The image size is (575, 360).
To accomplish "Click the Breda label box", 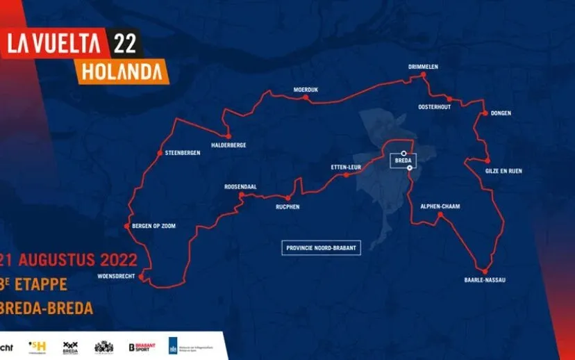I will coord(403,161).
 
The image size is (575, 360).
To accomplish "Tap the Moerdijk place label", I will coord(305,90).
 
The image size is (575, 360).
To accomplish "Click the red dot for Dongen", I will coord(484,113).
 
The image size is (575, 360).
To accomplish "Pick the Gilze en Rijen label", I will coord(503,170).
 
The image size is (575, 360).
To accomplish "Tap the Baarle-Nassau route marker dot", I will coord(485,271).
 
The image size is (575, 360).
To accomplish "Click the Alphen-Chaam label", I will coord(440,206).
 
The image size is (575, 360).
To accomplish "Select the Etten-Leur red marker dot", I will coord(346,175).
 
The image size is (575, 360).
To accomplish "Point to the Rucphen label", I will coord(287,206).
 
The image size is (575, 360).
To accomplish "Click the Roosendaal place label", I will coord(242,187).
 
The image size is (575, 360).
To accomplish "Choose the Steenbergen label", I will coord(183,153).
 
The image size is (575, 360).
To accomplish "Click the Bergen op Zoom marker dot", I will coord(126,227).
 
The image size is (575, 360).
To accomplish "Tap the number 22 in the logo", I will coord(126,42).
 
